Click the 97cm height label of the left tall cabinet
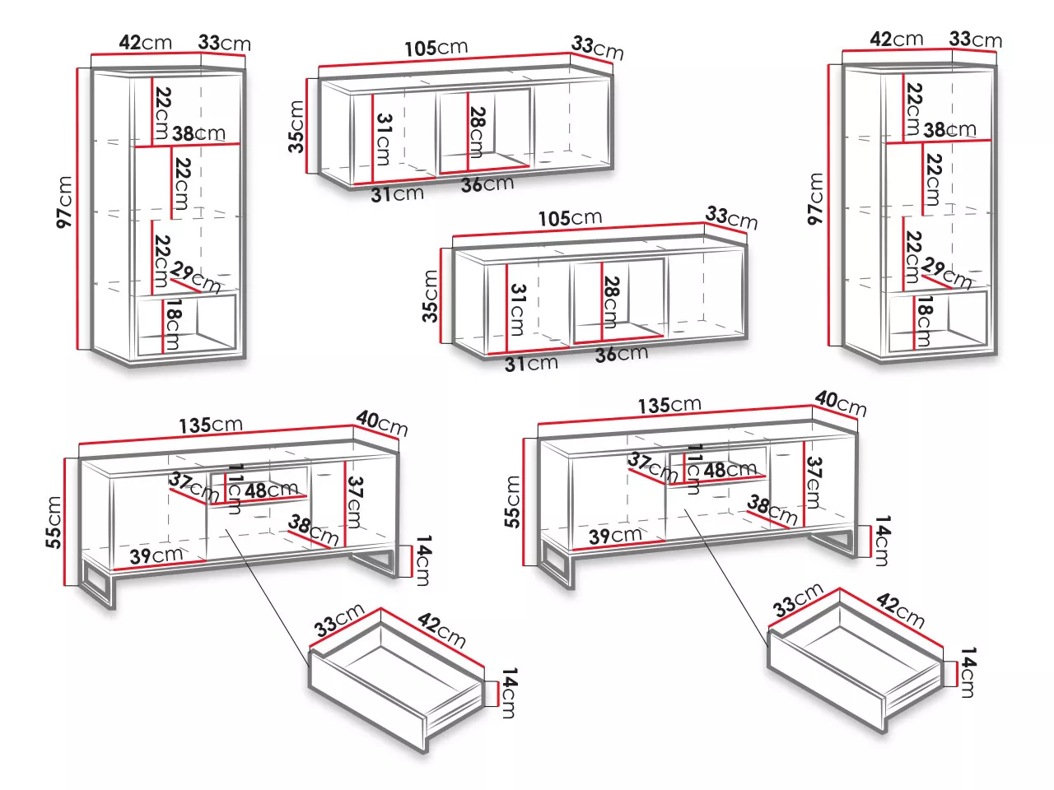64,202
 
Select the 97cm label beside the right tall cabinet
815,198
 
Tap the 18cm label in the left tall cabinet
172,324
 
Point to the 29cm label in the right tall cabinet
948,273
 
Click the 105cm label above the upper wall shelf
436,48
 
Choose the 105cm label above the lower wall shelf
570,218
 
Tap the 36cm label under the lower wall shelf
622,355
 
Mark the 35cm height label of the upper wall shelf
296,127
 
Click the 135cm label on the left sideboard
211,425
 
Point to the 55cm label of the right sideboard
512,502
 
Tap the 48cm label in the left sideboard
271,490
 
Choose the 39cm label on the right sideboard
615,536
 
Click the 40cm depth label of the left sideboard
382,424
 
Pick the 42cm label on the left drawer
441,630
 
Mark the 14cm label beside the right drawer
968,672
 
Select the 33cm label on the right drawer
798,600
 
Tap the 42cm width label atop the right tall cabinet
896,39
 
